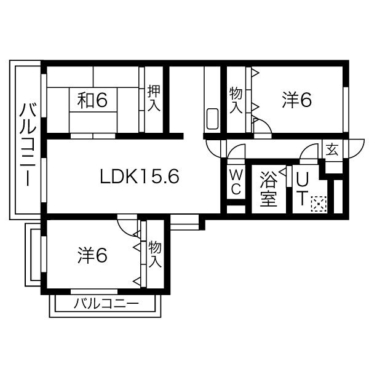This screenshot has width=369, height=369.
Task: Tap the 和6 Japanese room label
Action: (93, 100)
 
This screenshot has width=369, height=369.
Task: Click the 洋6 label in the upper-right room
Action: (298, 100)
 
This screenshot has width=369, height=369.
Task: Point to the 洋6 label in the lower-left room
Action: (93, 254)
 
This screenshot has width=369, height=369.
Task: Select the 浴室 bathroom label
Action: (269, 190)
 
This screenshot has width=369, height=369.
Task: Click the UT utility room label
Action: (303, 187)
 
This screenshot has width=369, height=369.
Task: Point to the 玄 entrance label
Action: (331, 149)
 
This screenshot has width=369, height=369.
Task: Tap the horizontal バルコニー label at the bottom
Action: (106, 304)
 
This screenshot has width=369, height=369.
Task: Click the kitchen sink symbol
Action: (212, 119)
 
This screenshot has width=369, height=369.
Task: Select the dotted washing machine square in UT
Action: (319, 204)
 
